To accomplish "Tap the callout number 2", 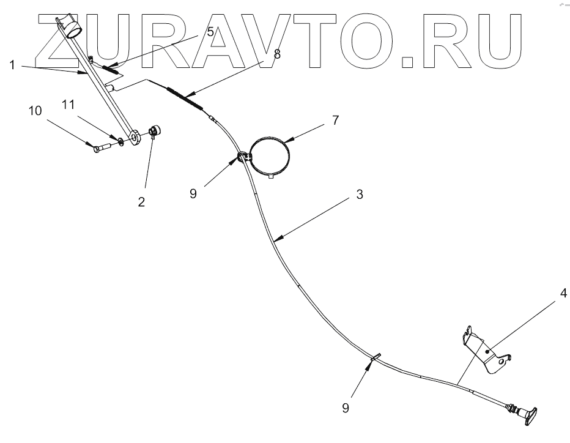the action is pyautogui.click(x=141, y=202).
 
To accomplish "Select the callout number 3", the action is pyautogui.click(x=360, y=195).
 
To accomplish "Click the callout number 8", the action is pyautogui.click(x=277, y=53).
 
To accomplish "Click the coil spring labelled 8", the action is pyautogui.click(x=184, y=96).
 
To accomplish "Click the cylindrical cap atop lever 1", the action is pyautogui.click(x=74, y=27).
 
